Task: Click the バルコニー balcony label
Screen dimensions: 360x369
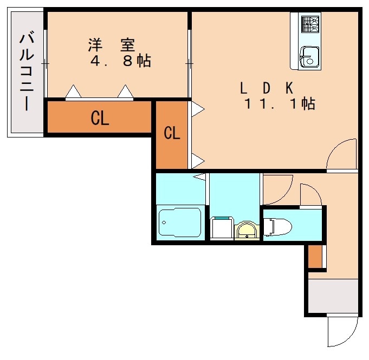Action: pos(25,71)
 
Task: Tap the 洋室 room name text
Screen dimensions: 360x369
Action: pos(111,44)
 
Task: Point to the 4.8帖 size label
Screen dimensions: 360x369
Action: pos(120,61)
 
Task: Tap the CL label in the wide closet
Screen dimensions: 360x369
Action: pos(100,119)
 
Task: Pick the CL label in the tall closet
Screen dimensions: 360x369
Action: pos(172,133)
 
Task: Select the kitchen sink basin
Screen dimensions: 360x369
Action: pos(309,55)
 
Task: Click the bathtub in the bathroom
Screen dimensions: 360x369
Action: pos(180,222)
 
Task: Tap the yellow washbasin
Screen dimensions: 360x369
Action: pos(247,231)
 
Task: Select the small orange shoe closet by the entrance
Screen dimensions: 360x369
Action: pos(315,257)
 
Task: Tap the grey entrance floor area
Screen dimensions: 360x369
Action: pos(333,295)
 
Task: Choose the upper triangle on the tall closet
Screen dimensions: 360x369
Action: pos(197,109)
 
